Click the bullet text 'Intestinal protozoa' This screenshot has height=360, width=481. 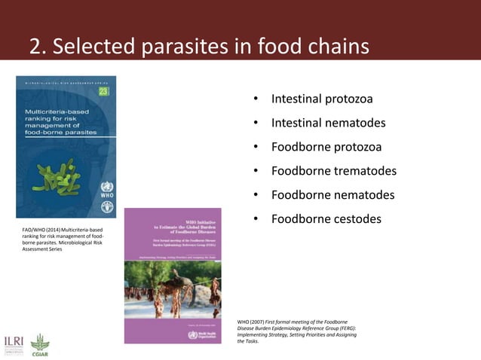(321, 99)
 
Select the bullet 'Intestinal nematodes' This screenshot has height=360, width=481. (328, 123)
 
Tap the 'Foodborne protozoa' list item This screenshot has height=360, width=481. (326, 147)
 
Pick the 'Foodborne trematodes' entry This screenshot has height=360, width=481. (333, 171)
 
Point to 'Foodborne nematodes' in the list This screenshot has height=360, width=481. (332, 195)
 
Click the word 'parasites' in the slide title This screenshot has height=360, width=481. (196, 47)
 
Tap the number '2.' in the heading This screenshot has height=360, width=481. (38, 47)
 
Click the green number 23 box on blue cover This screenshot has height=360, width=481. (103, 92)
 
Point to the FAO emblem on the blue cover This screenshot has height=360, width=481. (106, 206)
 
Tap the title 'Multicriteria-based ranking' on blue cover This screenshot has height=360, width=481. (60, 121)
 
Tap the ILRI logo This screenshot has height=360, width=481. (14, 343)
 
